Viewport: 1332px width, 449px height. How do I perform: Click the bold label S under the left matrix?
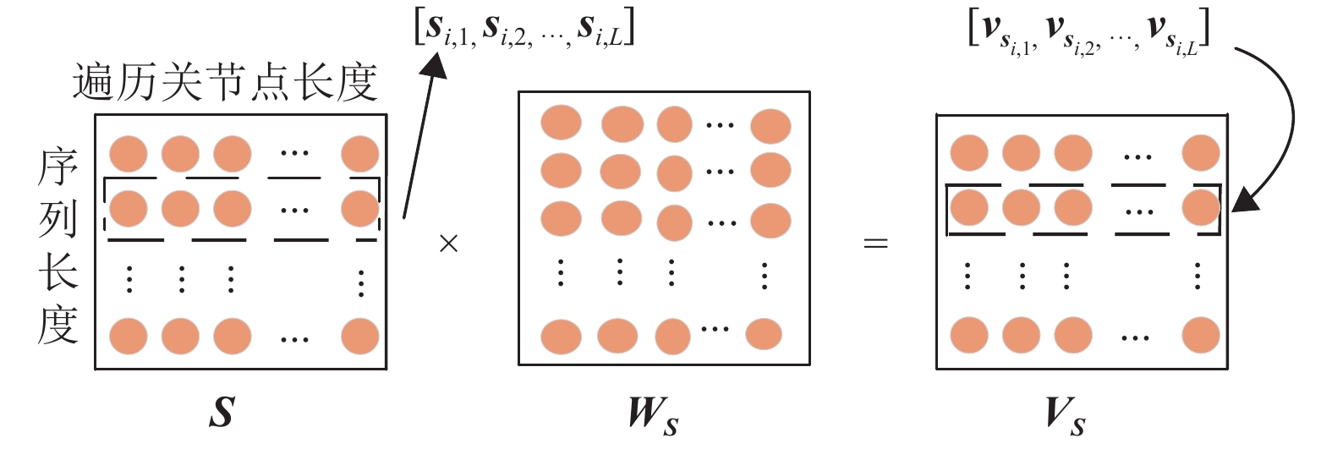pos(222,412)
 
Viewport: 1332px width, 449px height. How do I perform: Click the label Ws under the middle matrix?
pos(652,414)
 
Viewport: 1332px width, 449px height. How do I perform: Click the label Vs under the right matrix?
pos(1065,415)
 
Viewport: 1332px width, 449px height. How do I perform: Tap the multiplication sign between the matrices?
pos(448,244)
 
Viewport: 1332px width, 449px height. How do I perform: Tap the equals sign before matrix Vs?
pos(875,244)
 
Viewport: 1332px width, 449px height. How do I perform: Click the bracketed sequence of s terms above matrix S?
pos(524,30)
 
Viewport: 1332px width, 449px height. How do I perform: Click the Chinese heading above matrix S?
pos(225,83)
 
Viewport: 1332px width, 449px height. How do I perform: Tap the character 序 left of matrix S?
pos(58,167)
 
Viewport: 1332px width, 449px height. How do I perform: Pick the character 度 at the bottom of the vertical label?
pos(58,325)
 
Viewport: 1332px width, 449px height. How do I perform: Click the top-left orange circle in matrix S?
pos(129,155)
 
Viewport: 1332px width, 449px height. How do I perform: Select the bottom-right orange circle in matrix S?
pos(360,336)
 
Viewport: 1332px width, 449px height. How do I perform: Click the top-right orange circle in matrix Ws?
pos(770,127)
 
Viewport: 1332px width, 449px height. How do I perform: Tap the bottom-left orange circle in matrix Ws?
pos(561,336)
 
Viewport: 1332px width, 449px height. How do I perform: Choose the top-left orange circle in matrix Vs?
pos(969,154)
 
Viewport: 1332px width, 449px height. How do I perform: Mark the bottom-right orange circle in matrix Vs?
pos(1200,334)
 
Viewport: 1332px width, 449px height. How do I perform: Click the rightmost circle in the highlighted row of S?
pos(360,209)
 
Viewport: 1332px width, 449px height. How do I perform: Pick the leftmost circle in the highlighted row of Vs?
pos(969,207)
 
